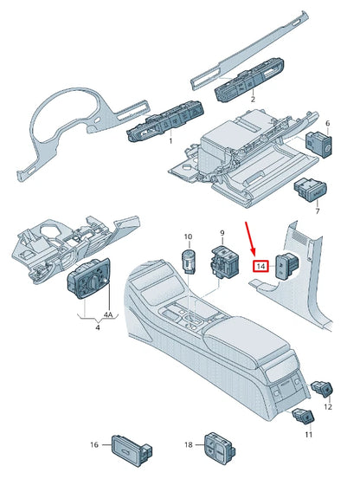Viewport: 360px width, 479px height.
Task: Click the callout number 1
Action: tap(170, 139)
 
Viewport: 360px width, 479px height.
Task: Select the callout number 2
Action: tap(252, 100)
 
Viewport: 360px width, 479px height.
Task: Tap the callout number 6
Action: tap(326, 124)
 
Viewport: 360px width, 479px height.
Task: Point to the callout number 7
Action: tap(317, 210)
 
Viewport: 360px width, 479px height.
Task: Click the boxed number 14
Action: tap(260, 268)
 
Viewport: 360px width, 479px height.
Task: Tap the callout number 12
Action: tap(327, 406)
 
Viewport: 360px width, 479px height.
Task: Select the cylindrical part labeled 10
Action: tap(188, 259)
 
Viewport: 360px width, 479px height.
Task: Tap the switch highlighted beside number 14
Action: tap(286, 267)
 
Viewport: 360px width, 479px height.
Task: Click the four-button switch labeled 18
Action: tap(215, 445)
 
